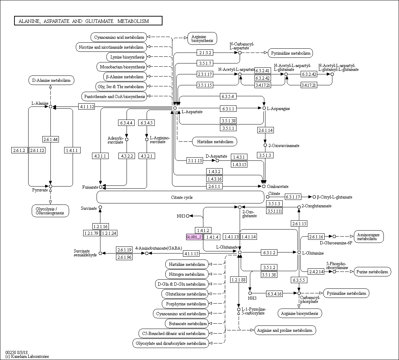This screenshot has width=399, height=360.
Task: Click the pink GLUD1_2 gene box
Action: point(194,237)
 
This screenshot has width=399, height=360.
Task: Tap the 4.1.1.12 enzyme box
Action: point(86,106)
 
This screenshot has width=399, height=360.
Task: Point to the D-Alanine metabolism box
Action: point(51,80)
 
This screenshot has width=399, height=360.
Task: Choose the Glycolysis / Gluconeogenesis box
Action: point(50,210)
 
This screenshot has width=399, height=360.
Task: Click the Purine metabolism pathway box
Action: point(372,271)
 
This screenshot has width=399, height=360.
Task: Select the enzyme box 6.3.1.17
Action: point(293,197)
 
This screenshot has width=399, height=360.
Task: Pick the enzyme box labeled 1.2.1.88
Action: point(239,280)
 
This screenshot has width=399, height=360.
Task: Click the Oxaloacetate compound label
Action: point(277,187)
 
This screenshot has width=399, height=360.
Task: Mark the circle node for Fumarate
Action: point(100,187)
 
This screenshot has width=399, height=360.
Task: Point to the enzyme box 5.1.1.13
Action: point(195,161)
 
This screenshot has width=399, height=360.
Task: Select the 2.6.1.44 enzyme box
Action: point(50,140)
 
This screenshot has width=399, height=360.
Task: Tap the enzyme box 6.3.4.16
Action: point(275,293)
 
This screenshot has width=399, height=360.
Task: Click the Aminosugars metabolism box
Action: point(369,237)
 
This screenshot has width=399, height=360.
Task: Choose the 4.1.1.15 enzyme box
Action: point(191,254)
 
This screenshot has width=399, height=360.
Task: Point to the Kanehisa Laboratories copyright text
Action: point(27,356)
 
